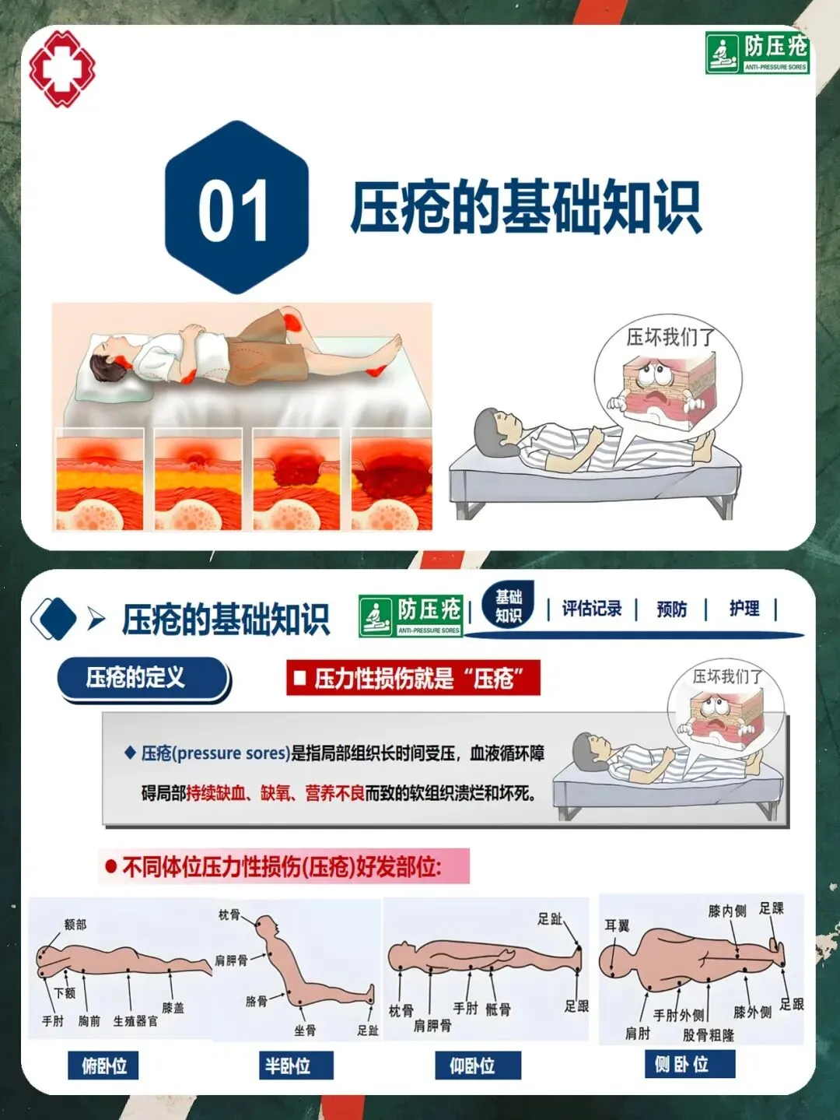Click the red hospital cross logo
(x=62, y=68)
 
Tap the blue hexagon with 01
(x=237, y=207)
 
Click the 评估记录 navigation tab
(x=592, y=609)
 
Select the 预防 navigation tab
(x=672, y=609)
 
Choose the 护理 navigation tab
(x=744, y=608)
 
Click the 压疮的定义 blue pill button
(x=142, y=678)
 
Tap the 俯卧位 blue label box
(x=103, y=1066)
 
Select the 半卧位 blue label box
(x=296, y=1066)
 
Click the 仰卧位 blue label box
(x=478, y=1066)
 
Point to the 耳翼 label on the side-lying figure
(x=617, y=926)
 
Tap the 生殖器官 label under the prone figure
(x=135, y=1021)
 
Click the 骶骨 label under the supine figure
(x=498, y=1009)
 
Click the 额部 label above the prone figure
(x=75, y=925)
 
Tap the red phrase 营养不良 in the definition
(x=335, y=793)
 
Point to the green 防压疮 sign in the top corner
(x=758, y=53)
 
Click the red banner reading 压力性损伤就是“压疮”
(x=413, y=678)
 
